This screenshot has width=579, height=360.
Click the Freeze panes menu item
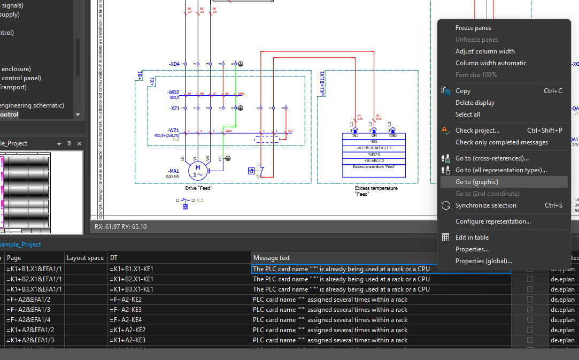click(x=473, y=28)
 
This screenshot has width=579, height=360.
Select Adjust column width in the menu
click(x=484, y=51)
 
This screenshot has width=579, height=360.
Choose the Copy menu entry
click(x=462, y=91)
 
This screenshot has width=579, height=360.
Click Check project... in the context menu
click(x=477, y=131)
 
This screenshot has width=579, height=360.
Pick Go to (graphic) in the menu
click(x=476, y=182)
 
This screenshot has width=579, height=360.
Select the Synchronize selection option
click(x=485, y=205)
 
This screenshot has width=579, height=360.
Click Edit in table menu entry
click(x=472, y=238)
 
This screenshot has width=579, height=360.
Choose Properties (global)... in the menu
click(x=483, y=261)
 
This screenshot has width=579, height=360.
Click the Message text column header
click(x=272, y=258)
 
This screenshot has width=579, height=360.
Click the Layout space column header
click(x=85, y=258)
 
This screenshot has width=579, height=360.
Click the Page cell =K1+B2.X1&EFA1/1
click(x=34, y=279)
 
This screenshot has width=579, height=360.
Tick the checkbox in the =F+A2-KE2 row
click(x=530, y=300)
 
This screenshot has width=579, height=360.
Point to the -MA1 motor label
click(x=174, y=171)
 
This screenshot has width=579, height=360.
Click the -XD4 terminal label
click(x=174, y=64)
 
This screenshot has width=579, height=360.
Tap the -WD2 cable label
click(x=173, y=92)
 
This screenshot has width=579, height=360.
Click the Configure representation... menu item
click(x=492, y=221)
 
